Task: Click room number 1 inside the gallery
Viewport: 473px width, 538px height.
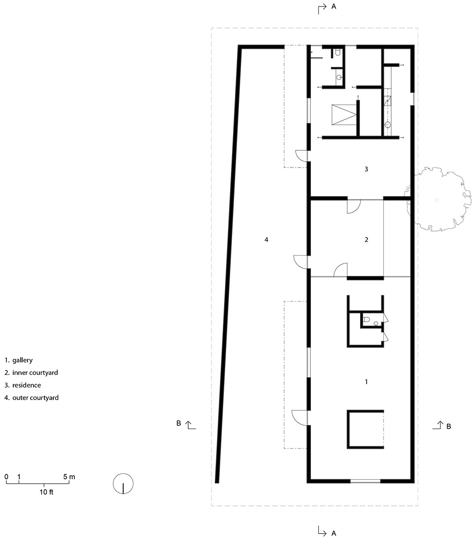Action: coord(366,381)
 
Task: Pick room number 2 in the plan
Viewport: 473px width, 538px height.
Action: coord(366,239)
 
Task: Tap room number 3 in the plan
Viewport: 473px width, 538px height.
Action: coord(366,169)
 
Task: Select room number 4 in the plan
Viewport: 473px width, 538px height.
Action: coord(267,239)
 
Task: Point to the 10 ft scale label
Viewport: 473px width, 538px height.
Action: coord(46,492)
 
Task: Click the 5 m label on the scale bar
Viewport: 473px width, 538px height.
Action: coord(69,477)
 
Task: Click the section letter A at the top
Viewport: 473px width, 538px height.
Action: coord(333,6)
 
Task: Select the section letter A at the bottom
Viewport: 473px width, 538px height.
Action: coord(333,533)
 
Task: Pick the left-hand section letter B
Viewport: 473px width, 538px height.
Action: coord(178,423)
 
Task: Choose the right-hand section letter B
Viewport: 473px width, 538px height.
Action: coord(448,427)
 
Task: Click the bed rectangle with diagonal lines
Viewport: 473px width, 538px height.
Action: coord(344,115)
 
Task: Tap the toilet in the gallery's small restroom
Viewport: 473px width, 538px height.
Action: coord(366,319)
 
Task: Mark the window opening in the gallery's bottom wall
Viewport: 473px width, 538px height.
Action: coord(365,481)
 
